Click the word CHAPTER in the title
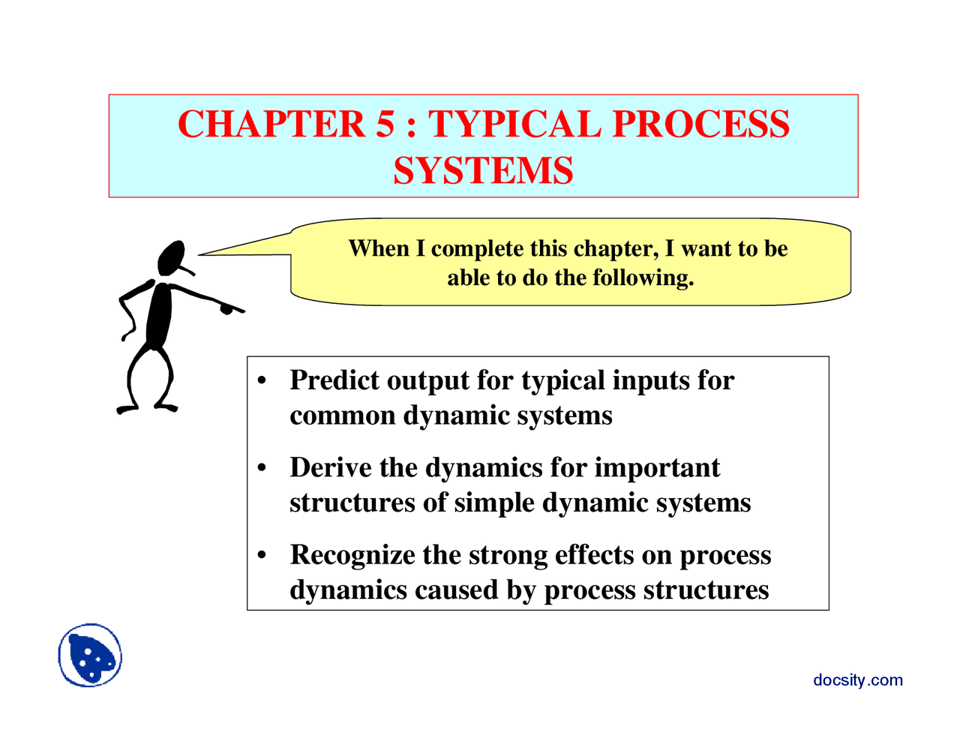click(x=271, y=125)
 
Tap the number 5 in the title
click(x=384, y=125)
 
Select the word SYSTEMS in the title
click(x=483, y=171)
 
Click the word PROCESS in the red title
click(x=700, y=125)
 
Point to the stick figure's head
click(x=172, y=257)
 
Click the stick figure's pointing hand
click(x=229, y=308)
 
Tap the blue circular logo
click(x=90, y=655)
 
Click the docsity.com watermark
click(x=857, y=680)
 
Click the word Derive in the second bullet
click(x=331, y=467)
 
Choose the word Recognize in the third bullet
click(x=352, y=555)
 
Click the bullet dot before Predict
click(x=262, y=381)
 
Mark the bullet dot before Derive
click(x=262, y=468)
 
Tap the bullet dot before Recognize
click(x=262, y=556)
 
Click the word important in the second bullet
click(x=657, y=467)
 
